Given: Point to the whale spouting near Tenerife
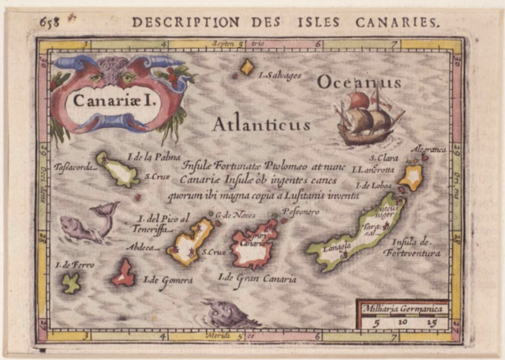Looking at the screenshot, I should pyautogui.click(x=89, y=225).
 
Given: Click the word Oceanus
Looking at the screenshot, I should pyautogui.click(x=359, y=81).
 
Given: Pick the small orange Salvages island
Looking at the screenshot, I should pyautogui.click(x=247, y=67).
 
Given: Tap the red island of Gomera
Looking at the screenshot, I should pyautogui.click(x=123, y=272).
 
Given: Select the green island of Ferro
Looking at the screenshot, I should pyautogui.click(x=72, y=283).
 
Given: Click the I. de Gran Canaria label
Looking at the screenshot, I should pyautogui.click(x=258, y=278).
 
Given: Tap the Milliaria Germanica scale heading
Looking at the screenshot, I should pyautogui.click(x=402, y=309).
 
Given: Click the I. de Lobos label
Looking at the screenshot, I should pyautogui.click(x=375, y=186).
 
